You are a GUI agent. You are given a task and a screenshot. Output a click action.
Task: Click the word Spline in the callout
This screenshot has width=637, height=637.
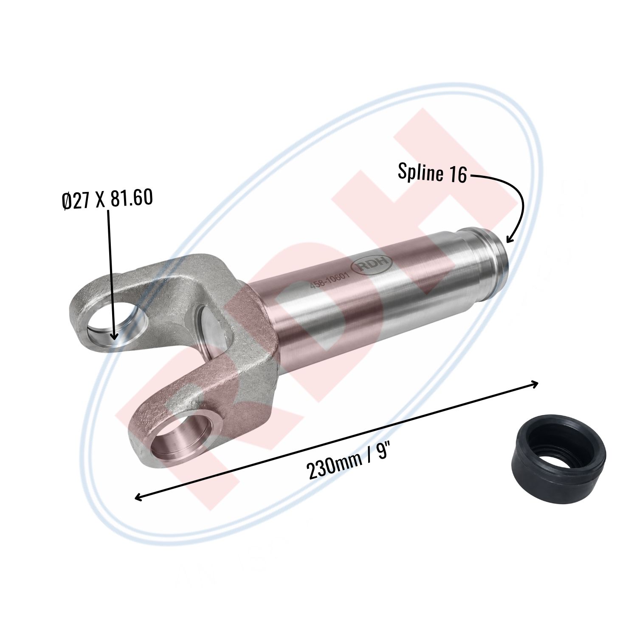click(420, 172)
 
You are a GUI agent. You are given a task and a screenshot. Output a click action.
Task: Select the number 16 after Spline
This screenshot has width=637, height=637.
click(457, 175)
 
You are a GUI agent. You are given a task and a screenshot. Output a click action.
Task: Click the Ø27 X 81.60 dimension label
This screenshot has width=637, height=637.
click(107, 199)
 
